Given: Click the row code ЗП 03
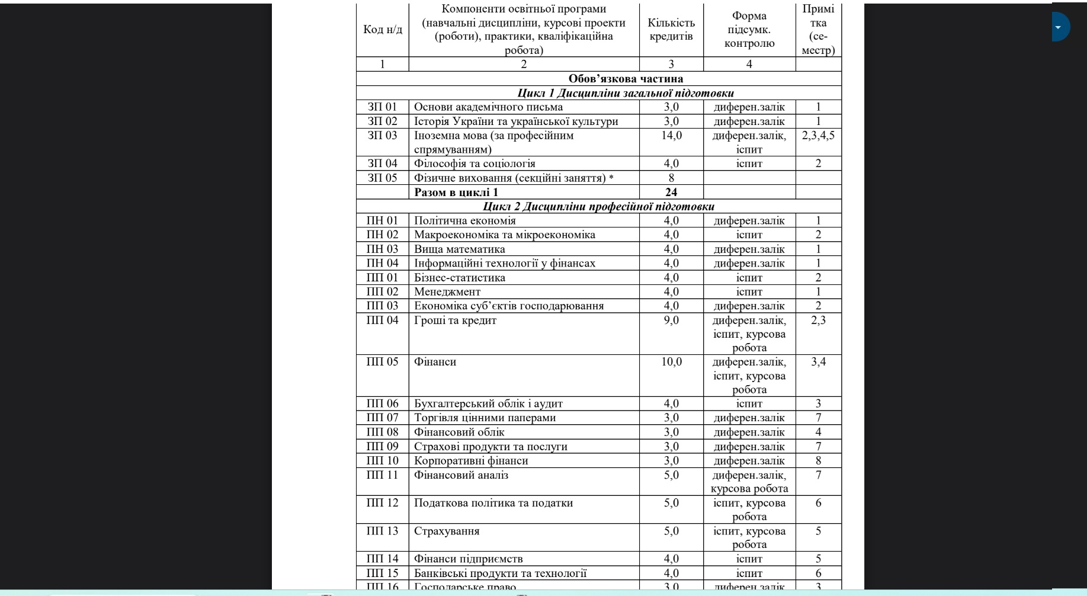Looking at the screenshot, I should click(382, 136).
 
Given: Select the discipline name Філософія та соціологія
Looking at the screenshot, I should click(474, 164).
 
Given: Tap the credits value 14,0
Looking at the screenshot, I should click(671, 136).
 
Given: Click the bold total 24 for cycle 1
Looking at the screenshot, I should click(671, 192).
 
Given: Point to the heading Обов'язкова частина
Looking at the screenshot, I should click(626, 79).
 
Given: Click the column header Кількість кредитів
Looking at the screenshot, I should click(671, 30).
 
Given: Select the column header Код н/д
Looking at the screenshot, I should click(382, 30).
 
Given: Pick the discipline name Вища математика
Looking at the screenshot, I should click(460, 249).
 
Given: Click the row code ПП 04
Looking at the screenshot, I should click(382, 321).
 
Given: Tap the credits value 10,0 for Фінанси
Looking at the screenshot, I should click(671, 362).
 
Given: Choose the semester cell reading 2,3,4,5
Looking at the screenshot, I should click(818, 136).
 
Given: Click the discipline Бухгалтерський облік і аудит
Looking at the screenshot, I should click(488, 404).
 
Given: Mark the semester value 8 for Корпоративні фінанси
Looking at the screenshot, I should click(818, 461).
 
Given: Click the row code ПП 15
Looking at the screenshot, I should click(382, 573).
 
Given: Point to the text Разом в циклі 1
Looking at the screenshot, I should click(456, 192).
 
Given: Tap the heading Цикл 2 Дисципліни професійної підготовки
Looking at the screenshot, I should click(598, 207).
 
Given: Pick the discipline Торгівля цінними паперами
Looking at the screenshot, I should click(485, 418).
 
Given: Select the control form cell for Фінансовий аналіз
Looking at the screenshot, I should click(749, 482).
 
